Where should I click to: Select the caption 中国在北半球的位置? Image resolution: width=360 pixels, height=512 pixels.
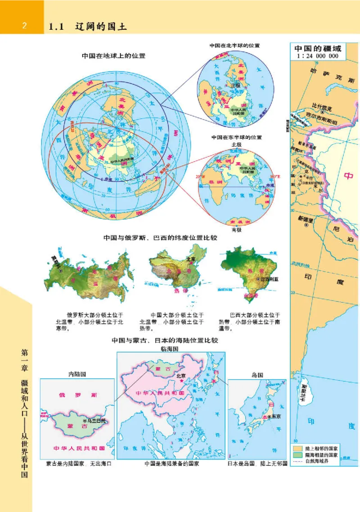click(234, 45)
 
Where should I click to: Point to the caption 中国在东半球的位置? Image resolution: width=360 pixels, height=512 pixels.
click(236, 137)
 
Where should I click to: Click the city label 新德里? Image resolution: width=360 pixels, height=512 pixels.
click(305, 218)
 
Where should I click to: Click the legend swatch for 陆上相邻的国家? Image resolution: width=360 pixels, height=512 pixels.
click(297, 449)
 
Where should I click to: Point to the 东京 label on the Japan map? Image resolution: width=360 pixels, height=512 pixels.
click(276, 416)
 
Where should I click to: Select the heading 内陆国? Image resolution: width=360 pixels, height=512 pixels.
click(77, 374)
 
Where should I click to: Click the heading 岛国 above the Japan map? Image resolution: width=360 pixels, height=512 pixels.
click(257, 374)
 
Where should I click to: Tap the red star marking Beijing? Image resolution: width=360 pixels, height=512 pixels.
click(181, 381)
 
